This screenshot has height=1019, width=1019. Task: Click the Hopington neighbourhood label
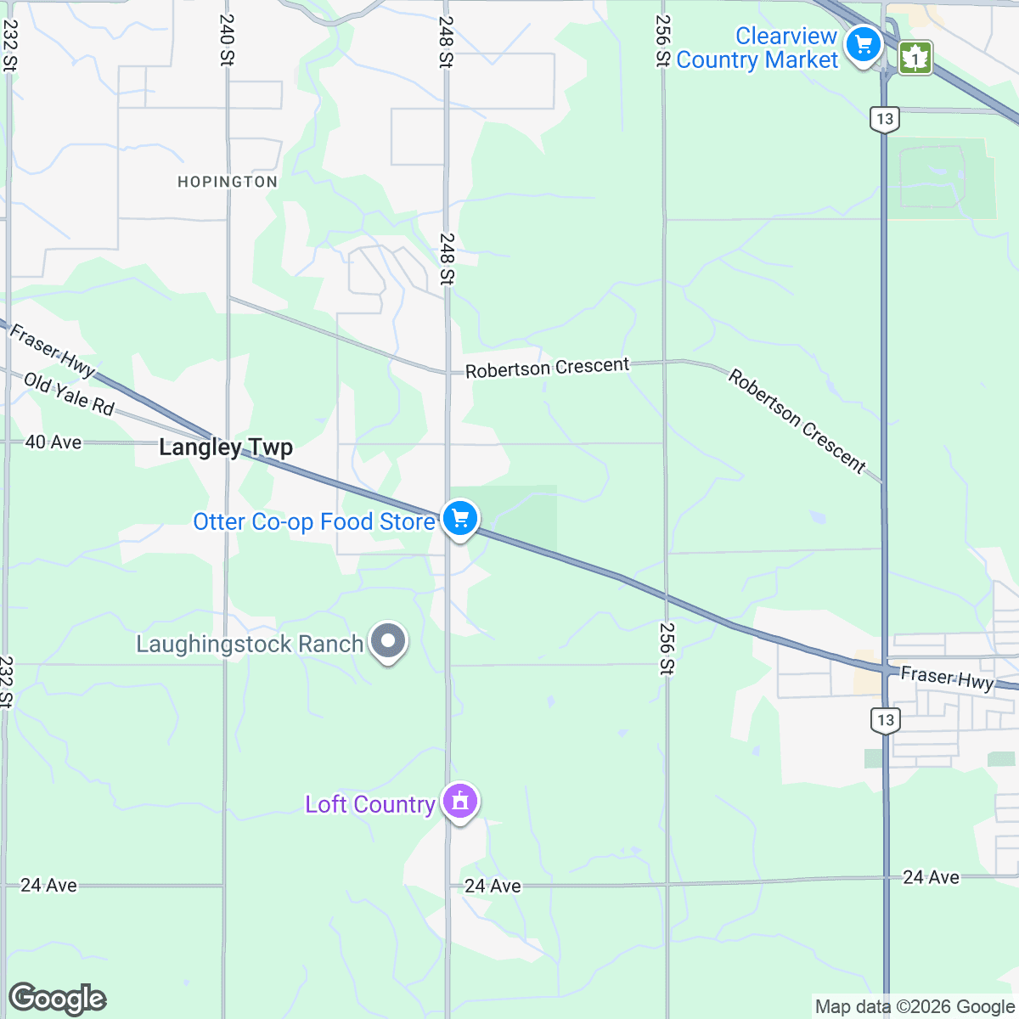click(227, 182)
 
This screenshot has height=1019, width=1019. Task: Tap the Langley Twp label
click(226, 448)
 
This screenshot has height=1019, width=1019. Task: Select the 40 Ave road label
click(53, 442)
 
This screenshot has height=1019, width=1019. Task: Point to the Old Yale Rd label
click(69, 395)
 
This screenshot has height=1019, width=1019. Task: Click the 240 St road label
click(227, 40)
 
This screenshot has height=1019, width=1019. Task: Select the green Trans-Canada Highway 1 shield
click(915, 58)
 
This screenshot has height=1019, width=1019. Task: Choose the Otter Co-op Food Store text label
click(314, 521)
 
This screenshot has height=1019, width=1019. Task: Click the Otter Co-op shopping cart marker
click(460, 517)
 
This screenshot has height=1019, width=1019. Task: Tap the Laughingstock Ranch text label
click(250, 645)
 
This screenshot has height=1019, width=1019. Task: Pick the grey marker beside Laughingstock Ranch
click(389, 641)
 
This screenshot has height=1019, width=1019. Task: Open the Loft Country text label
click(370, 804)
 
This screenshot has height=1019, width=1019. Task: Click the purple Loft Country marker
click(460, 800)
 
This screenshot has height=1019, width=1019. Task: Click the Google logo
click(58, 999)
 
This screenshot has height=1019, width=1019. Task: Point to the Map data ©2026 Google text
click(915, 1007)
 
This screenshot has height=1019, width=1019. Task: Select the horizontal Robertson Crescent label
click(548, 368)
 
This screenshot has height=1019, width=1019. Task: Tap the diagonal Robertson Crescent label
click(797, 421)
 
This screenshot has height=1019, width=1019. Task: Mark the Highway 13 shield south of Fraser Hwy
click(886, 721)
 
